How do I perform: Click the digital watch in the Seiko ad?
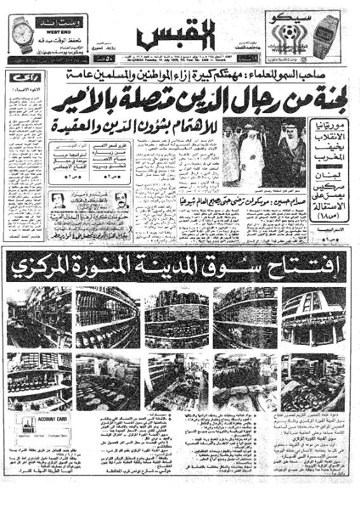[327, 35]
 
